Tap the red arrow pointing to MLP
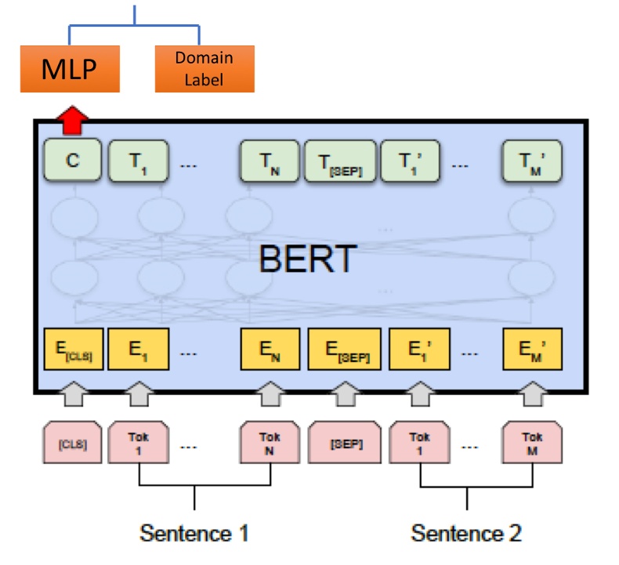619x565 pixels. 72,119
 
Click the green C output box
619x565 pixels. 73,161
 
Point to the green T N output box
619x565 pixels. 268,161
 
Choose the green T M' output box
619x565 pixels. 532,161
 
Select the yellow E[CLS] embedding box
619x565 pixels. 73,350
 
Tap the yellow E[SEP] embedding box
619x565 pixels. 344,350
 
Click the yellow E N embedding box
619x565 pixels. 268,350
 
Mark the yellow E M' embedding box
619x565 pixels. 532,350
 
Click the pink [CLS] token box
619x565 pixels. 73,444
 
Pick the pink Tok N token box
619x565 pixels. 268,444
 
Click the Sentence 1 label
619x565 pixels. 194,533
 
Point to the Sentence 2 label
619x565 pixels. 466,533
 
